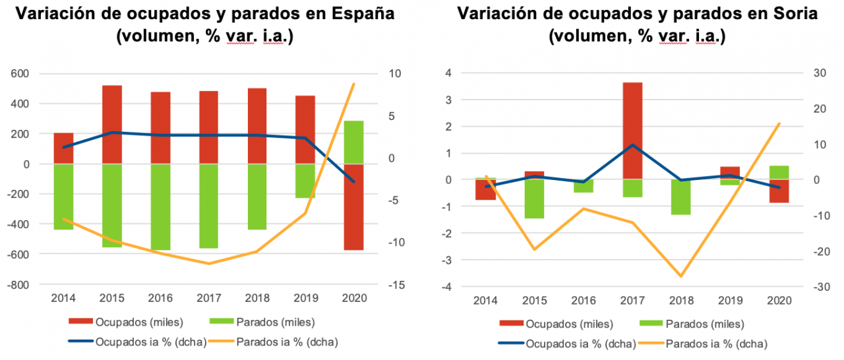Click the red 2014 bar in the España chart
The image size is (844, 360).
pyautogui.click(x=63, y=148)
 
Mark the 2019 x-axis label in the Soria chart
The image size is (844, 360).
pyautogui.click(x=730, y=301)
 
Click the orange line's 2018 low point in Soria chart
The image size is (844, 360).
pyautogui.click(x=680, y=276)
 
